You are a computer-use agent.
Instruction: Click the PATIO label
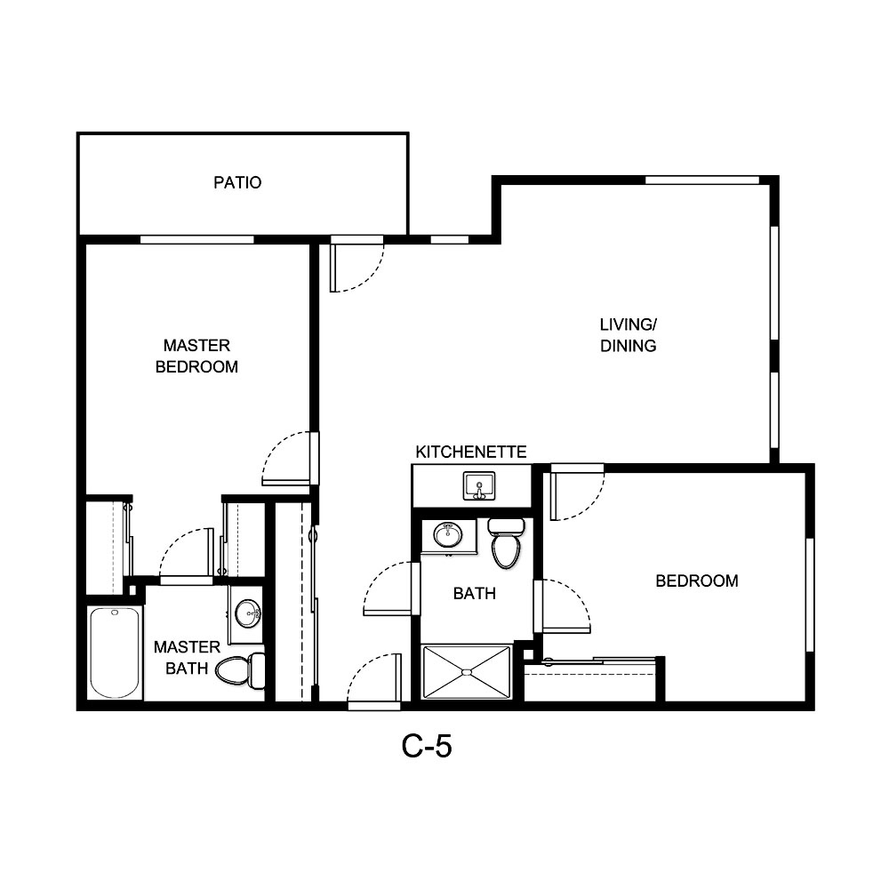[237, 183]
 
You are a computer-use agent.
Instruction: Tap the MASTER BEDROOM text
[196, 356]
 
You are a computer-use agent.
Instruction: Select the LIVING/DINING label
[628, 334]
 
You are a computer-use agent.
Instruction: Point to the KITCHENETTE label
[471, 453]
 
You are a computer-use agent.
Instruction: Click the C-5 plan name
[427, 747]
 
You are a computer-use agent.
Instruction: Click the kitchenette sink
[479, 486]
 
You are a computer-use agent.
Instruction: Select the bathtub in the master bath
[115, 653]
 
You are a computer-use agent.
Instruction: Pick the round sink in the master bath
[248, 611]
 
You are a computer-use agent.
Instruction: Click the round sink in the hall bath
[447, 535]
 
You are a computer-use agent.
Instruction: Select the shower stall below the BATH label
[468, 671]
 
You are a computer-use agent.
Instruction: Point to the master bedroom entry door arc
[286, 458]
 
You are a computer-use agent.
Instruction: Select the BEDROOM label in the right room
[697, 581]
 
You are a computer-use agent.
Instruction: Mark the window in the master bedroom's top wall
[197, 239]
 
